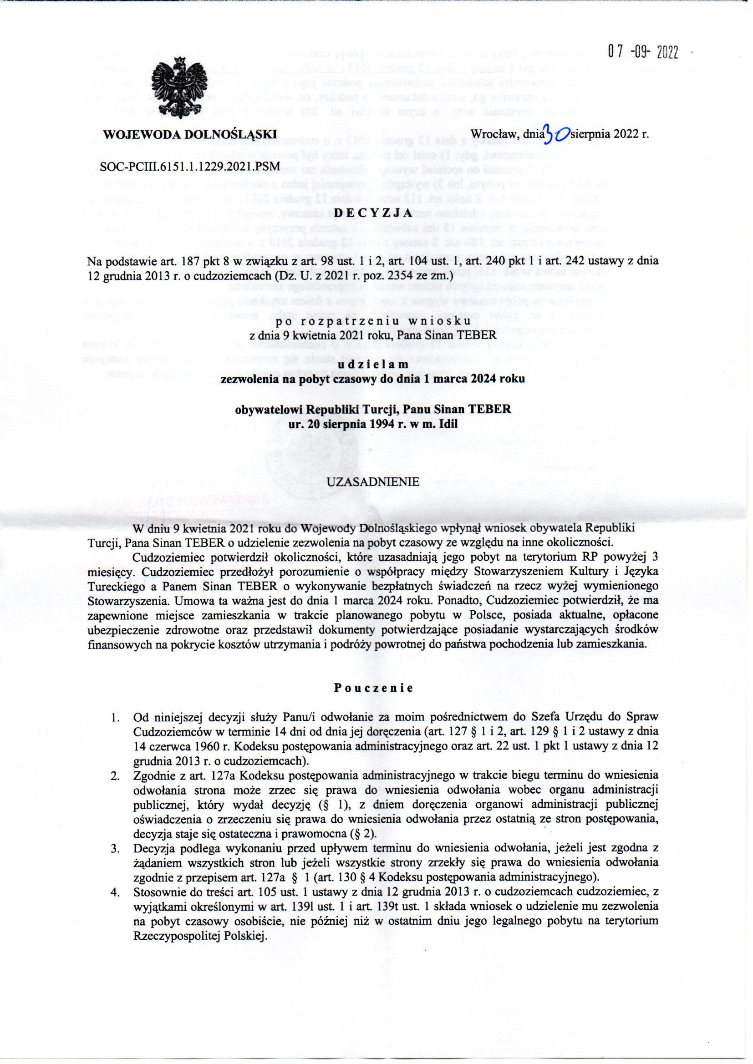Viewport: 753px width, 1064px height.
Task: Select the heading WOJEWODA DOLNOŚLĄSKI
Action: click(190, 135)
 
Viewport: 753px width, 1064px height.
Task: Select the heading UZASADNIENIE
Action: click(373, 482)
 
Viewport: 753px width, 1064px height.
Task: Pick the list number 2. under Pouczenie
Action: click(115, 775)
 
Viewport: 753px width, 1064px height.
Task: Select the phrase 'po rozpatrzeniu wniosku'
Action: click(373, 321)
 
